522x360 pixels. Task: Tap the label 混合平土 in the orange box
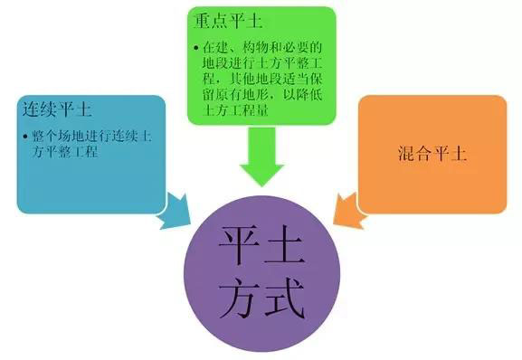click(x=432, y=154)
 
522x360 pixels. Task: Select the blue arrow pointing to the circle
click(x=173, y=209)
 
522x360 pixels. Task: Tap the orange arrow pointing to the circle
click(x=346, y=209)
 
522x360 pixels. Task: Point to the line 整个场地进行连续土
click(x=92, y=137)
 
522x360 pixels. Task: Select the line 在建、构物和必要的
click(x=261, y=45)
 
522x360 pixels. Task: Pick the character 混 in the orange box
click(x=405, y=154)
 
